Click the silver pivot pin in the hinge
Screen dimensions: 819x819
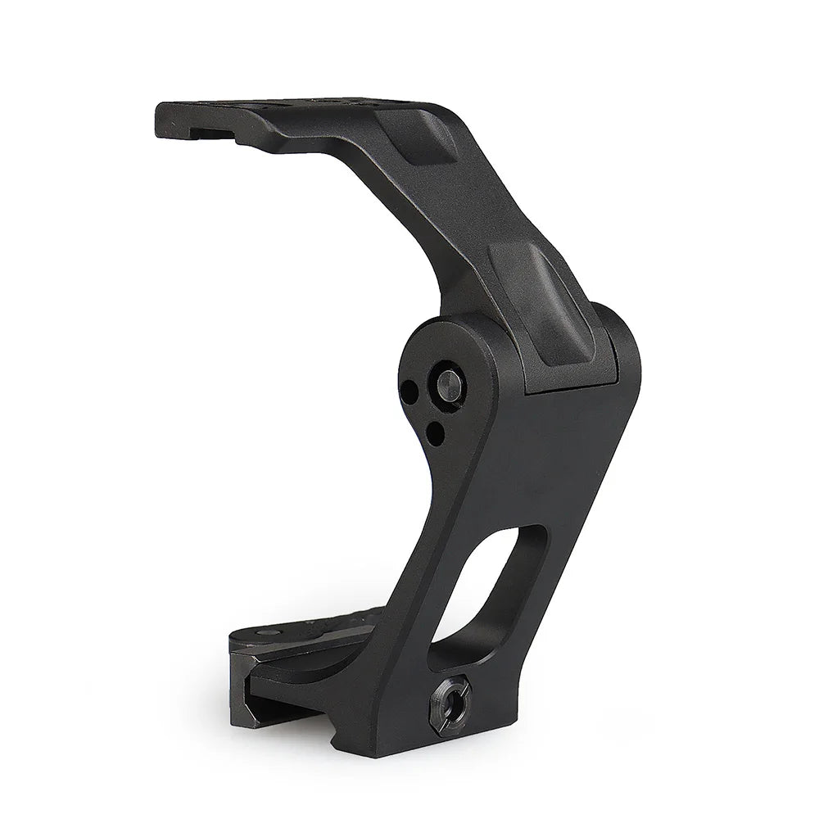pos(447,382)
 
